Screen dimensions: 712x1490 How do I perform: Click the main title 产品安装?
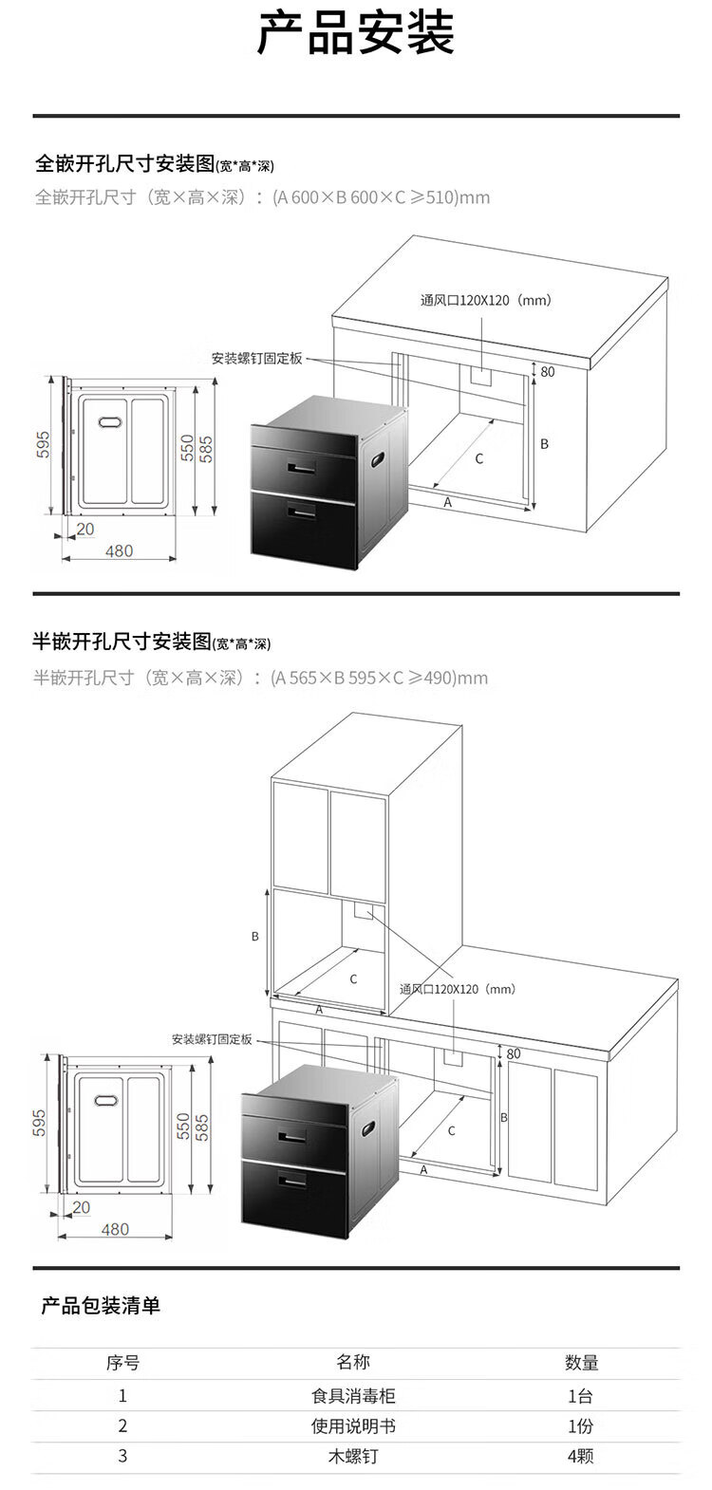pos(355,32)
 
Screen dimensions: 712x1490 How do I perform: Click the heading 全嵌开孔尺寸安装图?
pos(124,163)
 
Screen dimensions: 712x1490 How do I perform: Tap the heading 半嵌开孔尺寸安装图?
pos(122,642)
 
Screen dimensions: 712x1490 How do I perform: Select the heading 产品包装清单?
pos(101,1305)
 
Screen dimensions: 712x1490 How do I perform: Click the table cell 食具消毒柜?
pos(353,1395)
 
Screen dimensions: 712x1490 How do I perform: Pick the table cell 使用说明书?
pos(353,1425)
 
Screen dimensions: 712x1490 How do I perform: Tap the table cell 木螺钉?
pos(353,1456)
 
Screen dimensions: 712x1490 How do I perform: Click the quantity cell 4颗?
pos(580,1456)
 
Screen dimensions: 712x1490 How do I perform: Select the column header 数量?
pos(582,1362)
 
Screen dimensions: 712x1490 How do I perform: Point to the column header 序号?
pos(122,1362)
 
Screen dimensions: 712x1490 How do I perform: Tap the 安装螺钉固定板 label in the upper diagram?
pos(257,359)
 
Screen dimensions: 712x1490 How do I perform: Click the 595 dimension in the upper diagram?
pos(43,444)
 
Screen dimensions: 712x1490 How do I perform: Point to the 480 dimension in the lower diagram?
pos(115,1229)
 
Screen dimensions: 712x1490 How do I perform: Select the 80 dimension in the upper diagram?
pos(548,372)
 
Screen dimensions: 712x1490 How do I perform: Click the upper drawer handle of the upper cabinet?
pos(302,468)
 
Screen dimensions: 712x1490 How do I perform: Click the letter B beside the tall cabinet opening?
pos(254,936)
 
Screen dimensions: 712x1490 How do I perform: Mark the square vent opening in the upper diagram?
pos(481,375)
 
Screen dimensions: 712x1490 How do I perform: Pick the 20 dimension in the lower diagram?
pos(82,1207)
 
